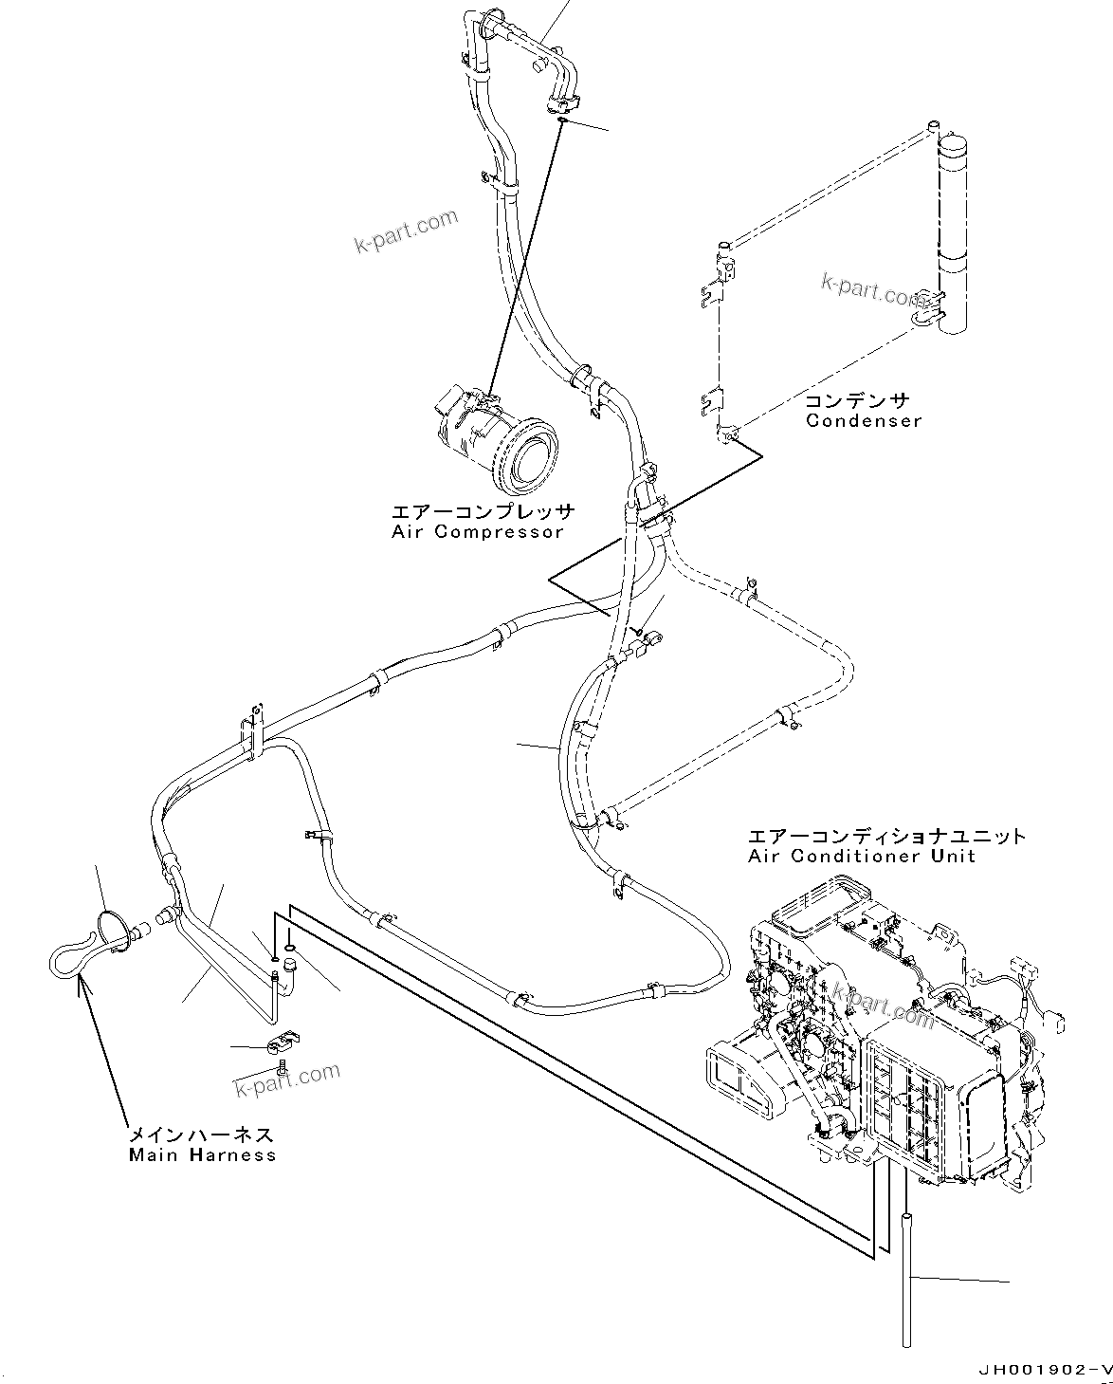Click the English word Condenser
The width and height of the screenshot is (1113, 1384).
[x=863, y=420]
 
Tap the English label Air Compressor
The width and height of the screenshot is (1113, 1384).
[x=478, y=531]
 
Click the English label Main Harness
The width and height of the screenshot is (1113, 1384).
[x=202, y=1154]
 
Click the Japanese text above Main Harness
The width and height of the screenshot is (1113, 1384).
[x=201, y=1135]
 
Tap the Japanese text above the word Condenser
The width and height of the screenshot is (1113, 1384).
[x=857, y=400]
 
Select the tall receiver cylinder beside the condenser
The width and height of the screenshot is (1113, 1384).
[x=954, y=232]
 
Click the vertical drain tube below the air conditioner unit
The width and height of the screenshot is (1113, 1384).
[x=907, y=1277]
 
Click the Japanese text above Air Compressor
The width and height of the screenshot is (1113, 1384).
[x=483, y=512]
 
